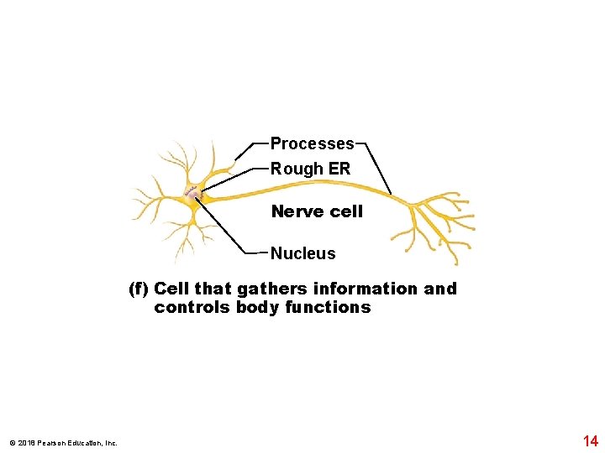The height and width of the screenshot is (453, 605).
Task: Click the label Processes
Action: tap(312, 144)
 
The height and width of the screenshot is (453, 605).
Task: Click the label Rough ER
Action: tap(310, 169)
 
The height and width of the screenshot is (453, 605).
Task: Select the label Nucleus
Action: tap(302, 253)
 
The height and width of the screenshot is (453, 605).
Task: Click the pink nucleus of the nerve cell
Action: tap(194, 196)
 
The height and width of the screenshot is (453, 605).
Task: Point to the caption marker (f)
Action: tap(139, 289)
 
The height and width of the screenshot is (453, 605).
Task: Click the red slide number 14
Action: tap(590, 440)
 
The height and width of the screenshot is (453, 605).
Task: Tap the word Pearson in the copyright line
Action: tap(47, 443)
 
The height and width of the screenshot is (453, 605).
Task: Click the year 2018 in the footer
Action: tap(24, 443)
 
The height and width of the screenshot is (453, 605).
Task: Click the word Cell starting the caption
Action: tap(172, 289)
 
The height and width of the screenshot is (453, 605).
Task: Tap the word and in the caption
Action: tap(440, 289)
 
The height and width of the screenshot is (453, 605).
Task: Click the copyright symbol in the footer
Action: tap(11, 443)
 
